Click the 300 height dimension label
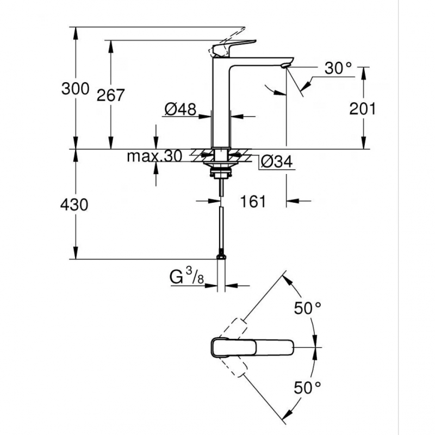74,89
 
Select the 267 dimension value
111,95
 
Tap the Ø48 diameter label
179,110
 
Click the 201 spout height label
363,109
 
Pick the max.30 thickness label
154,157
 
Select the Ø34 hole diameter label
276,161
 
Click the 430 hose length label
74,205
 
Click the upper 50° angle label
307,309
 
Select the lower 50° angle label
307,388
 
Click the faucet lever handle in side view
233,47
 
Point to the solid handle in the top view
250,347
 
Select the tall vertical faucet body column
221,103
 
